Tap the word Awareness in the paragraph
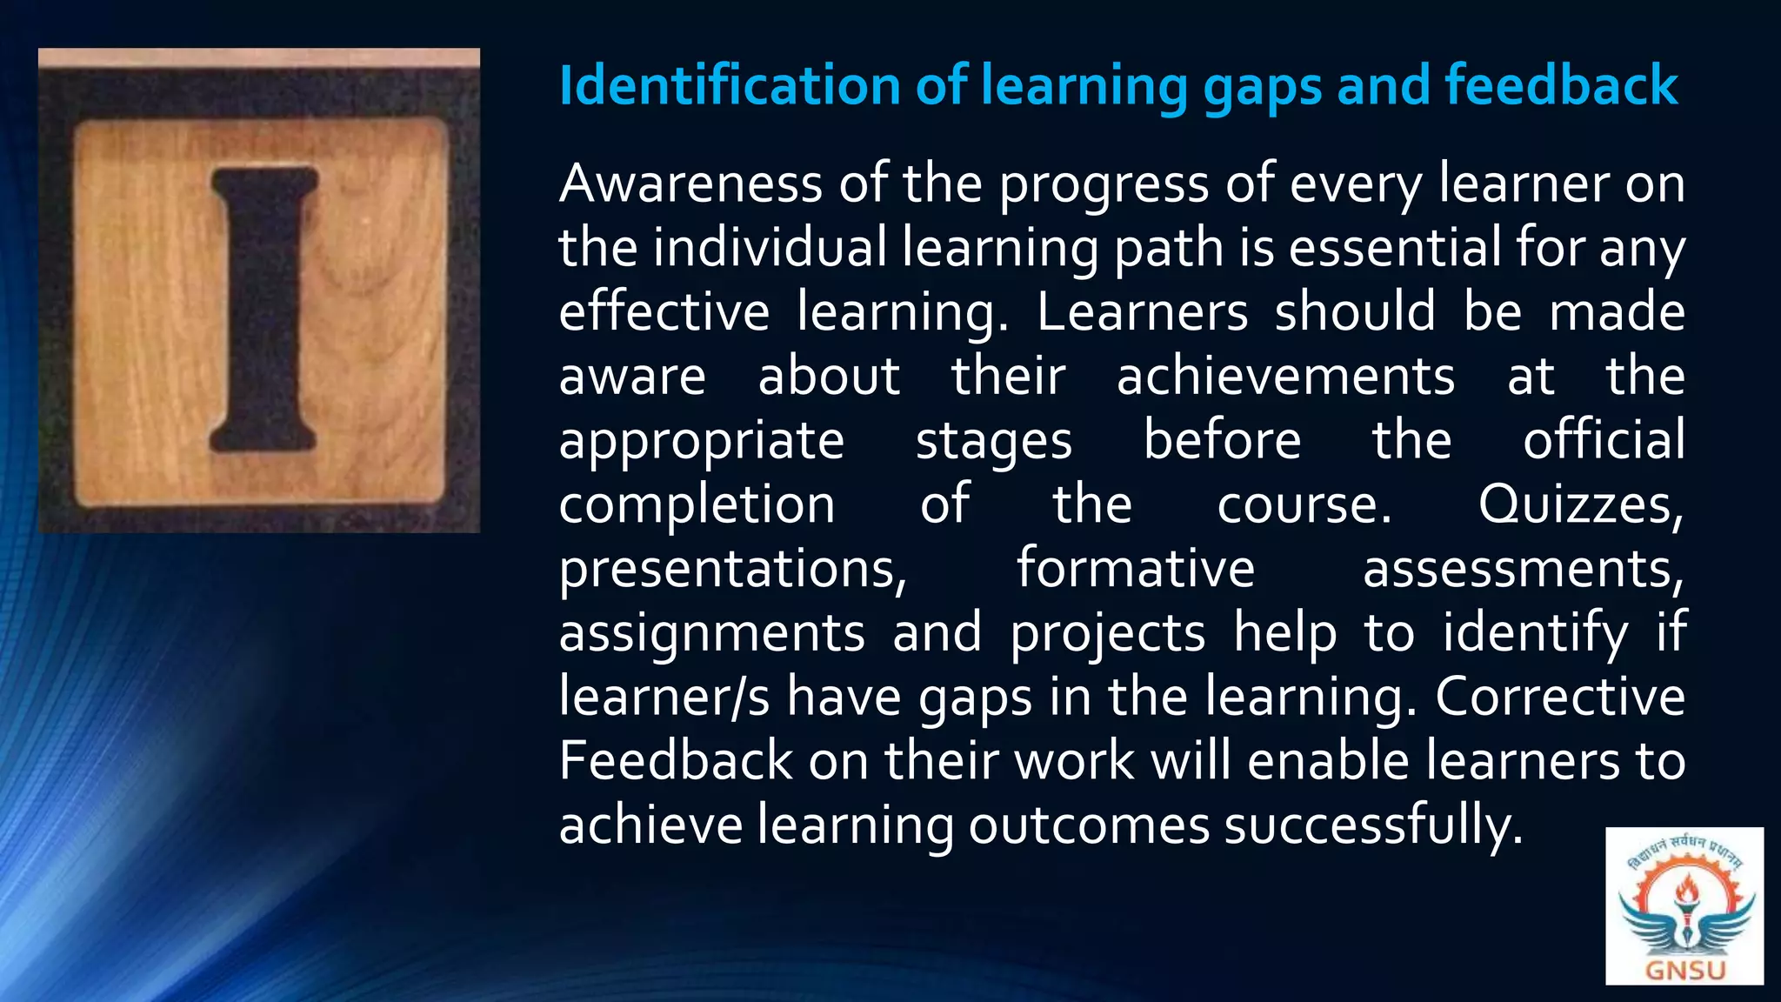pos(690,184)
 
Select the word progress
pos(1104,186)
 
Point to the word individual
pos(770,248)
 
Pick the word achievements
pos(1285,377)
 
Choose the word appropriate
pos(701,442)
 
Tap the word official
pos(1604,440)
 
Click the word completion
pos(697,505)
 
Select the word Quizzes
pos(1580,505)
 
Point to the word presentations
pos(732,570)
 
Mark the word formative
pos(1136,569)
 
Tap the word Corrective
pos(1560,697)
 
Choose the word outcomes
pos(1089,825)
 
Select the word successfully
pos(1374,825)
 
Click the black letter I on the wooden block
pos(263,310)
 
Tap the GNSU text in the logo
pos(1684,970)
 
